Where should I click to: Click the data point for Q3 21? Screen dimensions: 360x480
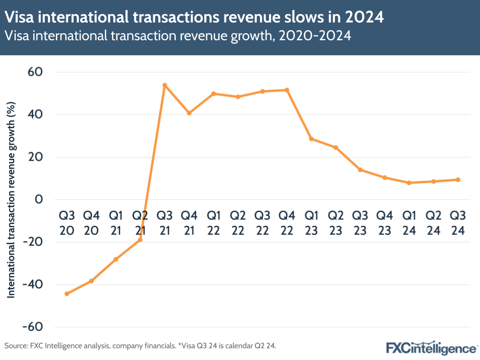click(x=165, y=85)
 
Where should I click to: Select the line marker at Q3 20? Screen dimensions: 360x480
click(x=67, y=294)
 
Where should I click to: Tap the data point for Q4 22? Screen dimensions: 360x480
click(x=287, y=90)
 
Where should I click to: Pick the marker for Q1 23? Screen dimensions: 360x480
click(x=311, y=139)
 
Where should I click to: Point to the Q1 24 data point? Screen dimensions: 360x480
click(x=409, y=183)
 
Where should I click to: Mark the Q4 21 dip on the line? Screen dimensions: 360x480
click(x=189, y=113)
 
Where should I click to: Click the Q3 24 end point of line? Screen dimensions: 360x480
click(x=458, y=180)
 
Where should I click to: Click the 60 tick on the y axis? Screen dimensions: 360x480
click(x=35, y=72)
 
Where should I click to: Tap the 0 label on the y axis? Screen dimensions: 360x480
click(x=39, y=199)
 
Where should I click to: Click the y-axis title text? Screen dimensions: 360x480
click(x=12, y=199)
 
